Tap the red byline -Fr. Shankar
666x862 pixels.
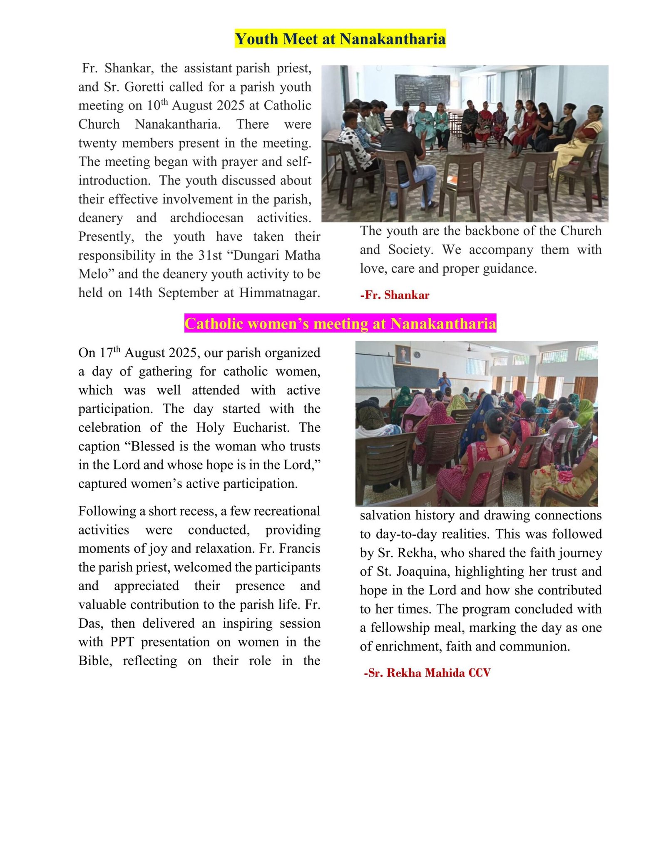coord(395,295)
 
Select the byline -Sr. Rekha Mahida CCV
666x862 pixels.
coord(427,673)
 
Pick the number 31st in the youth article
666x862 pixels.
coord(210,255)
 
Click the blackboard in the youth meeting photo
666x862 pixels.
coord(422,89)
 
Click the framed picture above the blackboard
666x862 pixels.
coord(403,354)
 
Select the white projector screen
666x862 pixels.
coord(375,370)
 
